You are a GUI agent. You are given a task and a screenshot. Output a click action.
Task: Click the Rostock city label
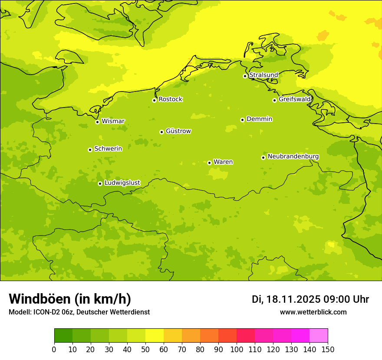(170, 99)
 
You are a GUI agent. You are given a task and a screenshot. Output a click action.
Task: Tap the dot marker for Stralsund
(245, 76)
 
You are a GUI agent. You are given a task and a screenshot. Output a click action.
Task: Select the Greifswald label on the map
(295, 99)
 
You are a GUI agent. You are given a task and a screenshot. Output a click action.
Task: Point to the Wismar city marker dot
(97, 122)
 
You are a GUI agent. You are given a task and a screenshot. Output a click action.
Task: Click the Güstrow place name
(178, 131)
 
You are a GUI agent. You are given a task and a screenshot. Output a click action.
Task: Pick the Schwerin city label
(108, 149)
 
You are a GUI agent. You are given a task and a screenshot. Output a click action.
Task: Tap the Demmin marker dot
(242, 120)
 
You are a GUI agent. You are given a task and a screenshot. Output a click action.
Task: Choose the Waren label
(223, 162)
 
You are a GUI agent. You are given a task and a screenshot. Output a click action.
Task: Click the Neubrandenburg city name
(293, 156)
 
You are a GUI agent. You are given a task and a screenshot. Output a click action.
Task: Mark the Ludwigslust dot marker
(100, 183)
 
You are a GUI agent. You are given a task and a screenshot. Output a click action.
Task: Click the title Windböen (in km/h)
(70, 299)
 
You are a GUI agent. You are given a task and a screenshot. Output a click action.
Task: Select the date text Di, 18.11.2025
(286, 299)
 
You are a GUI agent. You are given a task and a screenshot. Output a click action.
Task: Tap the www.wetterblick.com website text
(313, 312)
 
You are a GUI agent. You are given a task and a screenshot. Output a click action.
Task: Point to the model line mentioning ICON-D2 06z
(79, 312)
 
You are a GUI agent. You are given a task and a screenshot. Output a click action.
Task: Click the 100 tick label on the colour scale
(237, 350)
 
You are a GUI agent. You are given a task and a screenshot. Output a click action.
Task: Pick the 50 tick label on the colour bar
(145, 350)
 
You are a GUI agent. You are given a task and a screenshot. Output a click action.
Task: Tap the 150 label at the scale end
(328, 350)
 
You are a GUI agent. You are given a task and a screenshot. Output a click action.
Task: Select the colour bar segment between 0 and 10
(63, 336)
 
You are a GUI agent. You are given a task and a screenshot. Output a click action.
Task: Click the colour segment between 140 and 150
(319, 336)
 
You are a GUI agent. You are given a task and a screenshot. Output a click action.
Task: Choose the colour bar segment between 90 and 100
(227, 336)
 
